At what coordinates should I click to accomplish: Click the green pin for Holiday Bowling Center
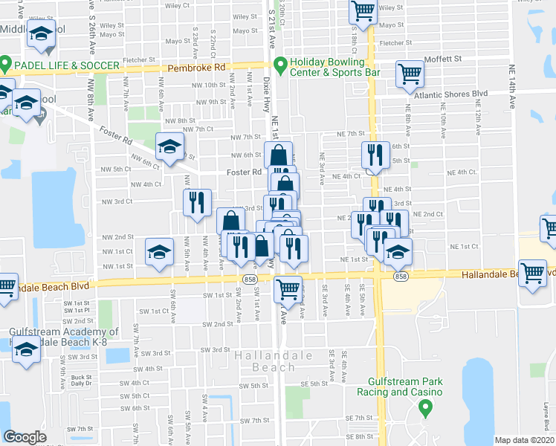[x=280, y=66]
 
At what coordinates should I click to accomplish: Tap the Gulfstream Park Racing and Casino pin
[x=426, y=407]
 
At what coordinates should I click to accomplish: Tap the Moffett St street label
[x=443, y=58]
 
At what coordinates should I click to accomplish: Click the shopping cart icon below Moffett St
[x=410, y=74]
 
